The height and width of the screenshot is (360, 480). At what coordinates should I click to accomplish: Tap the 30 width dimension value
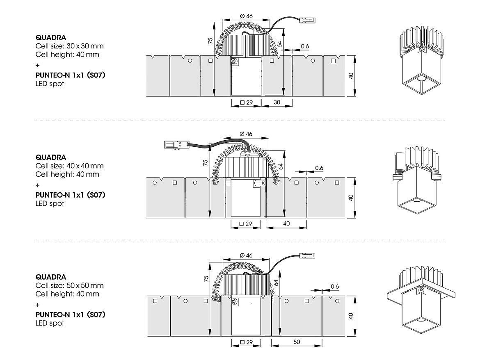click(277, 103)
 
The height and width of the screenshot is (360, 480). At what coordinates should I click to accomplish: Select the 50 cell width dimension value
click(297, 342)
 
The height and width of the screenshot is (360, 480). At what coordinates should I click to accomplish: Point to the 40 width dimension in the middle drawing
click(286, 223)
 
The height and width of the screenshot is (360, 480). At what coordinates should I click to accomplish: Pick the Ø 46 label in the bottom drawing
click(246, 255)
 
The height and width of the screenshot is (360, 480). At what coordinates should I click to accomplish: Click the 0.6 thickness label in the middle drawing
click(319, 168)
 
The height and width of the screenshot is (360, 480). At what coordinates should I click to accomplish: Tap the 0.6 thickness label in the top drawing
click(304, 46)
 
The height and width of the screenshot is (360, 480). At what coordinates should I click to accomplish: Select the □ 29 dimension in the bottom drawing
click(246, 342)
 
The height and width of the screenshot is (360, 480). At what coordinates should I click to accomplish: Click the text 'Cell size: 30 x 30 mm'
click(69, 46)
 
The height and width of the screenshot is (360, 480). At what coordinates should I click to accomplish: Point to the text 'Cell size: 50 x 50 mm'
click(69, 285)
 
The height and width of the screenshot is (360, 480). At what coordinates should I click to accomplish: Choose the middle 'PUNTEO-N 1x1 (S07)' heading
click(71, 195)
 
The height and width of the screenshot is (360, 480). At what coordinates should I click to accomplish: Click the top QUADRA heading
click(51, 37)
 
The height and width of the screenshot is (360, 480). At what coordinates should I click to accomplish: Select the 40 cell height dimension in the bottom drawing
click(351, 316)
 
